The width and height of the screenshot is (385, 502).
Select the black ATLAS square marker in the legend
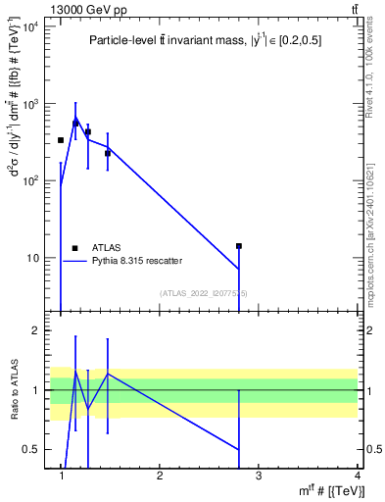(74, 248)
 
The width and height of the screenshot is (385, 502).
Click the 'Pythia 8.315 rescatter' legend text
(137, 261)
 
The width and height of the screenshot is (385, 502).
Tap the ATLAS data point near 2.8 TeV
(238, 246)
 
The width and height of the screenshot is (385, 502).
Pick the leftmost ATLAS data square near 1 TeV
(61, 140)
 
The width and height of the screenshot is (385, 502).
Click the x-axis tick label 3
(259, 477)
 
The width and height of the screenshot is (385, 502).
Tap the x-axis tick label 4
(357, 477)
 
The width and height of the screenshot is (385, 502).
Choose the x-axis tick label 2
(160, 477)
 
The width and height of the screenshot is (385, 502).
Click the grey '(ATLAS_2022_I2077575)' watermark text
(204, 293)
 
